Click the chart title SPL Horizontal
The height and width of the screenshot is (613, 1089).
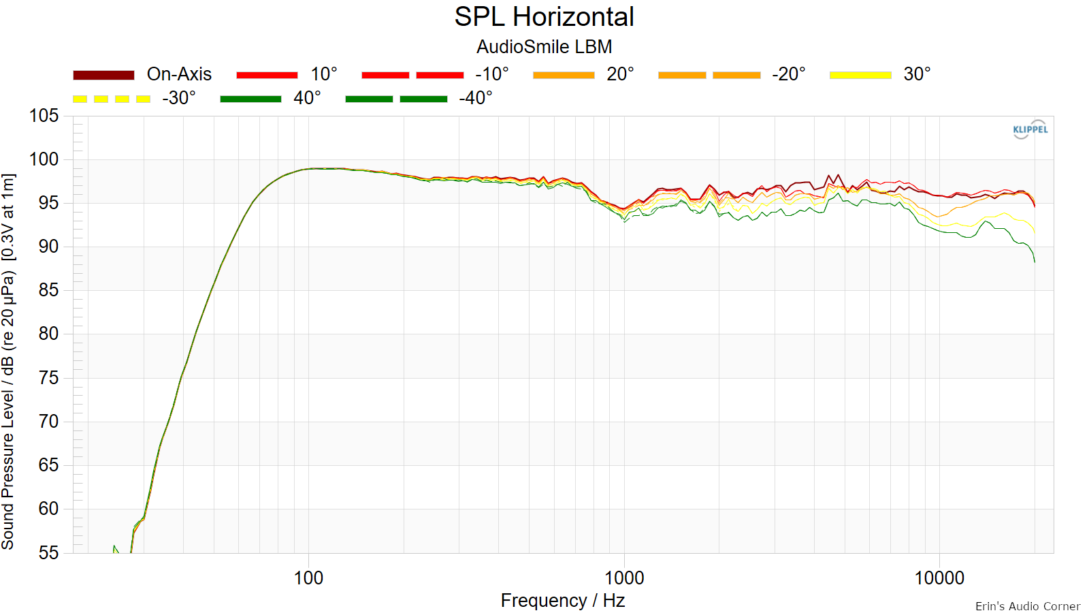(544, 17)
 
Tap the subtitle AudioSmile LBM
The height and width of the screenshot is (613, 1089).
(544, 47)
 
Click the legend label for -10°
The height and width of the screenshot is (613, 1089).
(492, 74)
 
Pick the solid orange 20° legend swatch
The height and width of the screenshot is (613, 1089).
(564, 75)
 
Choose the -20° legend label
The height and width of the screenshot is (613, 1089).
(789, 74)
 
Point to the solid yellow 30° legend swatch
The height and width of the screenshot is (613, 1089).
(860, 75)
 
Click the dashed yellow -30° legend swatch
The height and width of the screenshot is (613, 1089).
(112, 99)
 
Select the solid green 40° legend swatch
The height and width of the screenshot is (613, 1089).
(250, 99)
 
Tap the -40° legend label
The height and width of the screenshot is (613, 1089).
(476, 98)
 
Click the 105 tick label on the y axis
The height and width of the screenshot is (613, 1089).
(44, 116)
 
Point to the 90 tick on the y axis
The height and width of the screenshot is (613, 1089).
(48, 247)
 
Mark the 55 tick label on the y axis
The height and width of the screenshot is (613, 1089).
(48, 553)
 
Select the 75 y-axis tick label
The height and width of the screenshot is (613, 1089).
(48, 378)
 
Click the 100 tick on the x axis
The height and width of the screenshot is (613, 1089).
(309, 578)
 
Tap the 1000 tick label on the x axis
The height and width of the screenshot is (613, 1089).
(624, 578)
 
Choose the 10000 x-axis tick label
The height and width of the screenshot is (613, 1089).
(939, 578)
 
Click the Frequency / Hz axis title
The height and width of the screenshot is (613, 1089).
(562, 601)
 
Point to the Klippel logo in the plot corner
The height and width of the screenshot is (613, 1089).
(1030, 129)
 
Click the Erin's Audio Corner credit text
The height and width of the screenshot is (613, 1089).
(1027, 606)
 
